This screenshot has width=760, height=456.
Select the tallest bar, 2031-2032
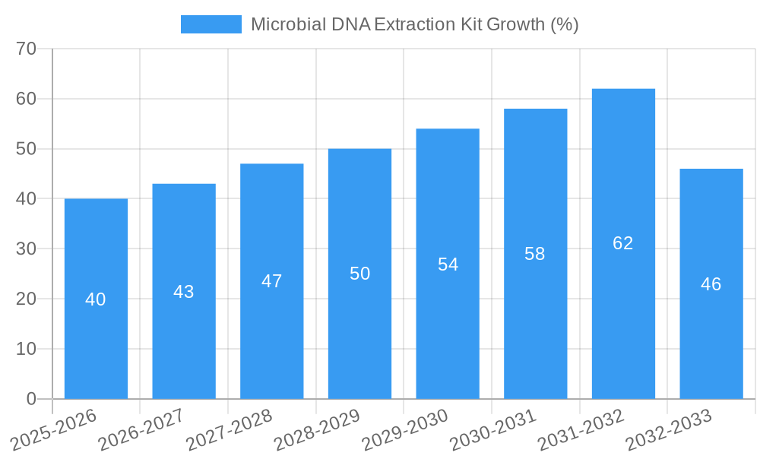(623, 319)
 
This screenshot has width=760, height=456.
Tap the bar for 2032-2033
(711, 342)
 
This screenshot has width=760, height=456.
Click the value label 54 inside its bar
(448, 264)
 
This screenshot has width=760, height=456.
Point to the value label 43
(184, 292)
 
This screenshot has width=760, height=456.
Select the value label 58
(535, 254)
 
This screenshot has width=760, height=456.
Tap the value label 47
(272, 281)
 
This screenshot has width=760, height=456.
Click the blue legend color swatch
(211, 24)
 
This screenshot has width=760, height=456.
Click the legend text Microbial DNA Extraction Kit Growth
(414, 24)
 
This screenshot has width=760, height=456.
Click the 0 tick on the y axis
(31, 399)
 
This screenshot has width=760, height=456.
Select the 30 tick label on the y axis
(27, 249)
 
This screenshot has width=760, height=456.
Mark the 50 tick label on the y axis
(27, 149)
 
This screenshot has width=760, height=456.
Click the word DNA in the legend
(351, 24)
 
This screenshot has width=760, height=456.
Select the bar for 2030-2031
(535, 327)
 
